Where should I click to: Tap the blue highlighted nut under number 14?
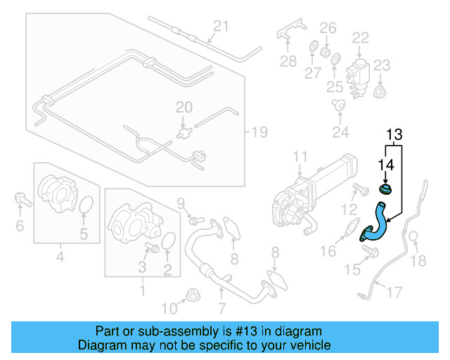pos(385,189)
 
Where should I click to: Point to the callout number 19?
pos(259,131)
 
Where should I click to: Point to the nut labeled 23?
pos(380,91)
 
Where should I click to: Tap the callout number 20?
pos(184,108)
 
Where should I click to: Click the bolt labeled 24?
pos(339,105)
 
